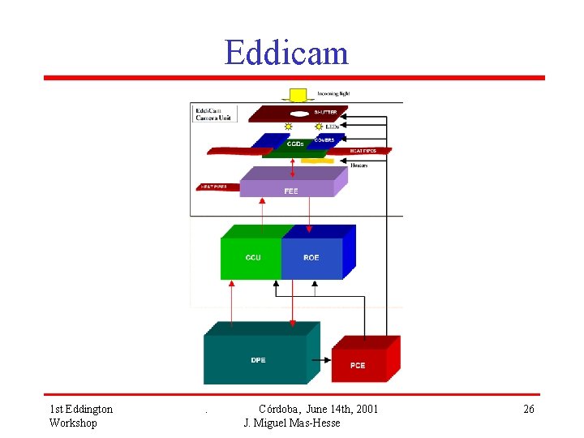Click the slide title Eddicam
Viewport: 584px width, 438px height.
pyautogui.click(x=286, y=53)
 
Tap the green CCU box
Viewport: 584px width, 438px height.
pyautogui.click(x=252, y=258)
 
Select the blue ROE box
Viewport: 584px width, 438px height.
pyautogui.click(x=311, y=258)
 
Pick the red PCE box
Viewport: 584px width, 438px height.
pyautogui.click(x=358, y=365)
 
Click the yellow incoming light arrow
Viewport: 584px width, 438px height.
pyautogui.click(x=297, y=94)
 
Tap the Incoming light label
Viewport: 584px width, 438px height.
pyautogui.click(x=333, y=93)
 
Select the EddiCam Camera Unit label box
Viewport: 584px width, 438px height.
pyautogui.click(x=213, y=114)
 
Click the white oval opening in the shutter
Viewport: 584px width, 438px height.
pyautogui.click(x=299, y=114)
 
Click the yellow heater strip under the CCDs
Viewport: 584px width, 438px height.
pyautogui.click(x=316, y=161)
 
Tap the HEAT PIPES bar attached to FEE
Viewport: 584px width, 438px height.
pyautogui.click(x=218, y=187)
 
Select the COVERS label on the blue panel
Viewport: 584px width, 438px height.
pyautogui.click(x=324, y=140)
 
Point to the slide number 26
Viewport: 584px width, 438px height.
pyautogui.click(x=528, y=409)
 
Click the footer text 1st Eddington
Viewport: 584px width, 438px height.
pyautogui.click(x=81, y=409)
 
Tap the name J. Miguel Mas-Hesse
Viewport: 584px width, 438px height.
pyautogui.click(x=292, y=423)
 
